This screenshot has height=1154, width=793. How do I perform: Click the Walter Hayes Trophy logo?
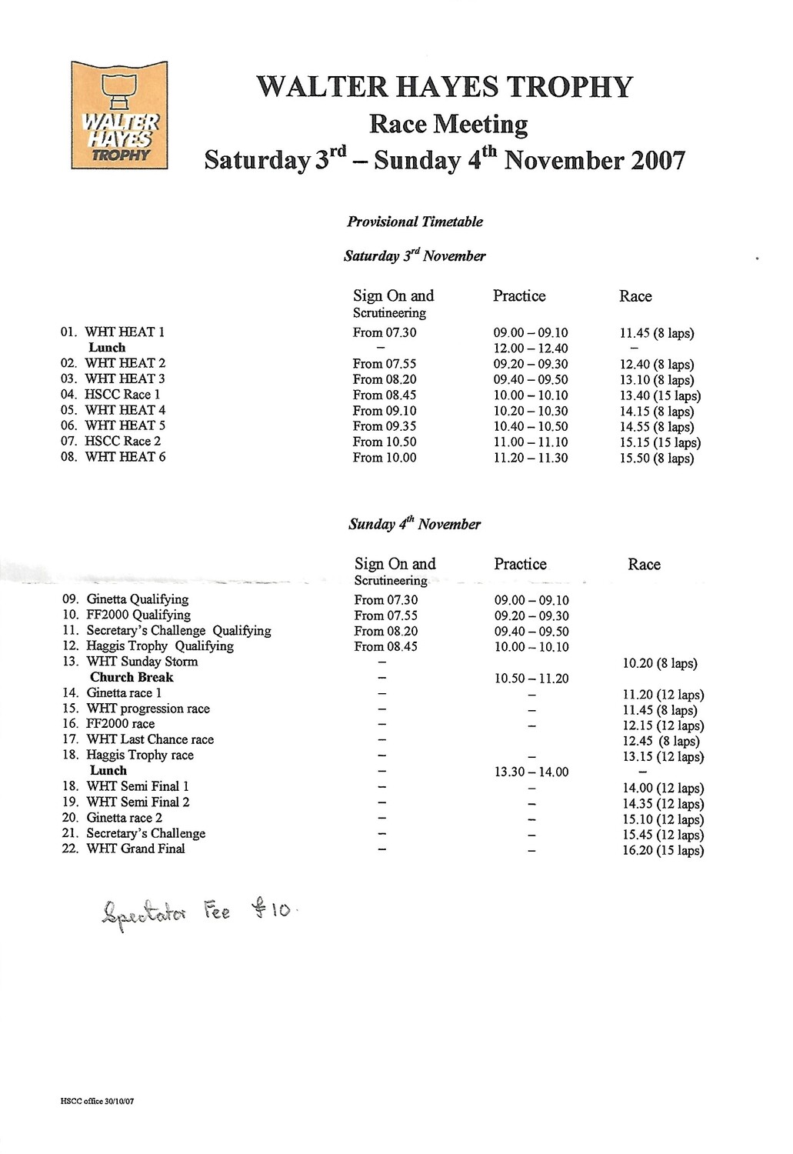(x=119, y=115)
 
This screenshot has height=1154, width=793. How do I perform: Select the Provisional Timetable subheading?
(x=415, y=222)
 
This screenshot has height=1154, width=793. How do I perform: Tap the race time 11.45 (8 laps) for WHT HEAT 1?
(x=656, y=333)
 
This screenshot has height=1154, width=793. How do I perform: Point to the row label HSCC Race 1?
(x=122, y=394)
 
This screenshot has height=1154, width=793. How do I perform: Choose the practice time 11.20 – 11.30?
(x=530, y=457)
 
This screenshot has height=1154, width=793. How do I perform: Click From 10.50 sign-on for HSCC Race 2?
(x=384, y=442)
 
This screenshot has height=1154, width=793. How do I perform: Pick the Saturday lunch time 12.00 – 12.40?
(x=530, y=349)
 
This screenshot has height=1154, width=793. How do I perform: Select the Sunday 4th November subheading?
(x=414, y=524)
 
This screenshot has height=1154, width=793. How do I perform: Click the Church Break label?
(x=132, y=677)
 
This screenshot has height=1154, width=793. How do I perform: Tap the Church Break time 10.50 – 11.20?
(x=531, y=679)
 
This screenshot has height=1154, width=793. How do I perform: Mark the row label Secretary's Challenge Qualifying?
(x=178, y=630)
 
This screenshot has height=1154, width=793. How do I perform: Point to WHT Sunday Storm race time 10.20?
(x=659, y=663)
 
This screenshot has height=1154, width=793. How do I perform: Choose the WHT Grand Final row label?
(x=135, y=849)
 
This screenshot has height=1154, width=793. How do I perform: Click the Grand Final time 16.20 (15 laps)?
(x=662, y=850)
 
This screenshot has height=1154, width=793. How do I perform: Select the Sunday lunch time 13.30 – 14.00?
(x=531, y=772)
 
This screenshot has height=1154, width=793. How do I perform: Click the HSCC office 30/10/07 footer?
(x=97, y=1101)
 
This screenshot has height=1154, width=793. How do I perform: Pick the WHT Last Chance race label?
(x=150, y=739)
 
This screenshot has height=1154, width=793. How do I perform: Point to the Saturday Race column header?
(x=635, y=296)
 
